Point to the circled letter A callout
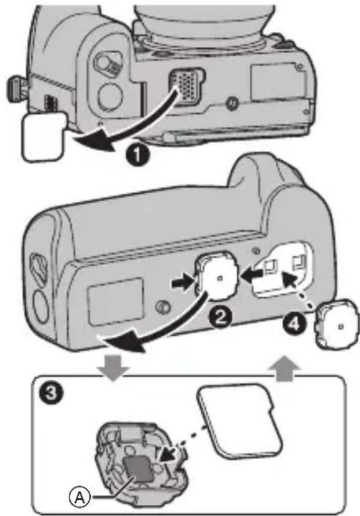tap(79, 497)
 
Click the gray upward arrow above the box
tap(284, 369)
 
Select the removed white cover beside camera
tap(44, 137)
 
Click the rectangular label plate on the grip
tap(115, 301)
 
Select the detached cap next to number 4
tap(337, 322)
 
